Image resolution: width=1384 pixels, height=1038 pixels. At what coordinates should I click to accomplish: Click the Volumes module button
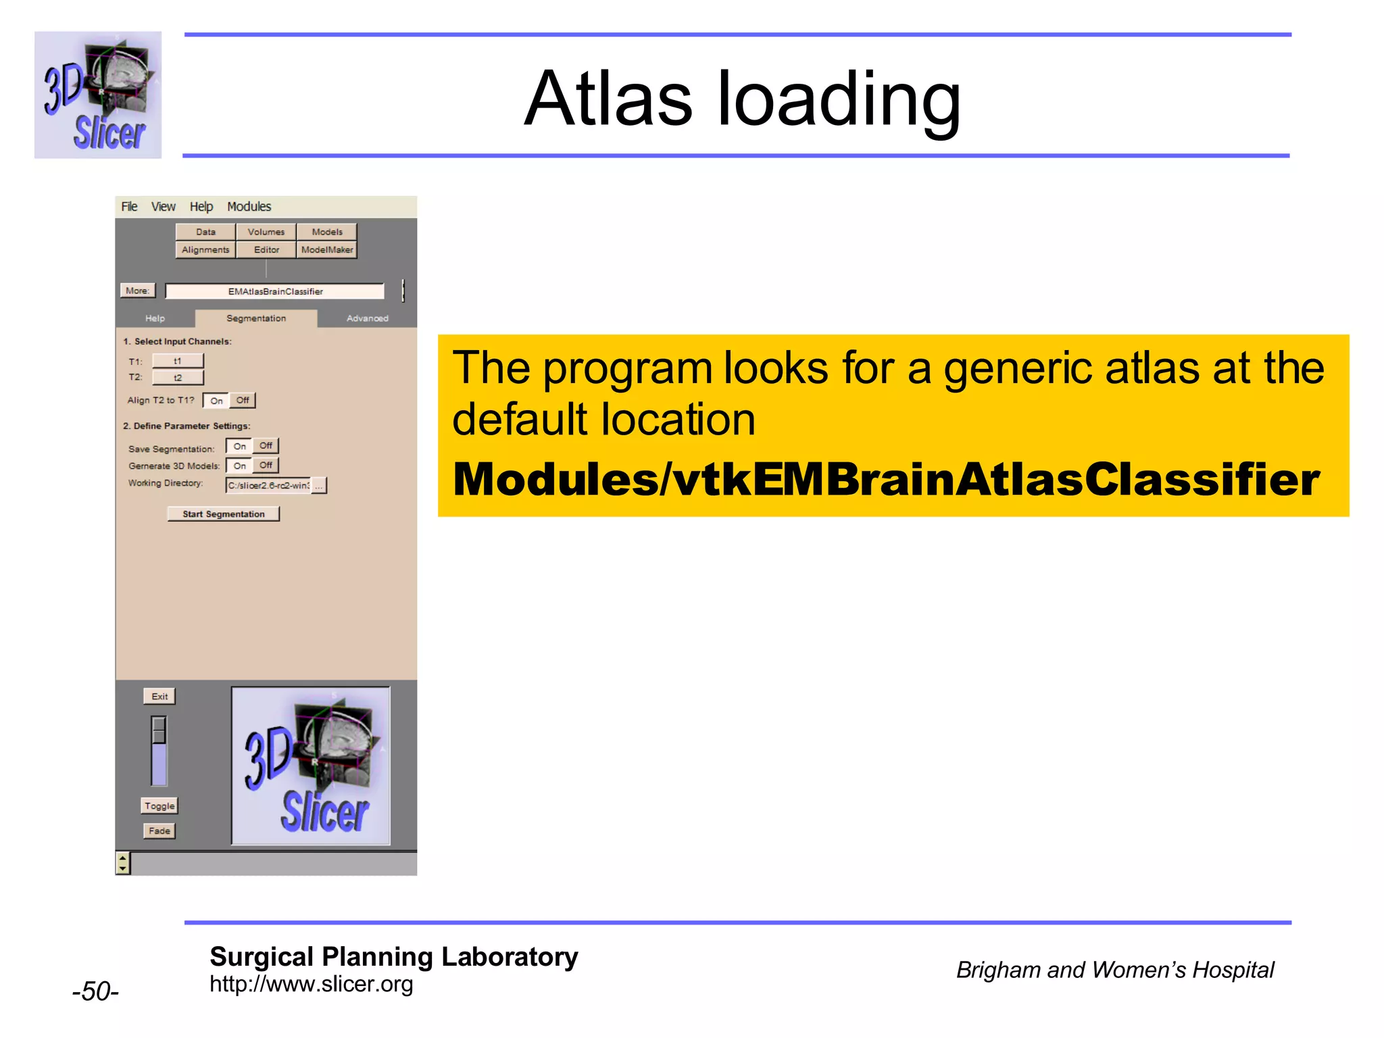click(266, 232)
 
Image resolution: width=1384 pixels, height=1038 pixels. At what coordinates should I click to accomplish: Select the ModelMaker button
click(326, 249)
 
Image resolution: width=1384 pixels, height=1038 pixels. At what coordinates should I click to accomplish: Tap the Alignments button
click(205, 249)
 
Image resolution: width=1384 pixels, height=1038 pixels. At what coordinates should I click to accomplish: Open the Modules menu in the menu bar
click(249, 207)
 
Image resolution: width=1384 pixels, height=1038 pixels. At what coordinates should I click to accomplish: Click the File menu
click(129, 207)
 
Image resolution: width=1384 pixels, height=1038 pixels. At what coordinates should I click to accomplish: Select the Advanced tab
click(367, 318)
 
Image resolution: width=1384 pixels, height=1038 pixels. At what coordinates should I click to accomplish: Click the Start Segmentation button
click(224, 514)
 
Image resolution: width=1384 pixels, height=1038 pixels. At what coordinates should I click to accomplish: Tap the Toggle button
click(159, 806)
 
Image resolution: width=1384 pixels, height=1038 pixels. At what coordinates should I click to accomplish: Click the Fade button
click(159, 831)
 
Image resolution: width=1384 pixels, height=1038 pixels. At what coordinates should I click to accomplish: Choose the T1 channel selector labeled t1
click(178, 361)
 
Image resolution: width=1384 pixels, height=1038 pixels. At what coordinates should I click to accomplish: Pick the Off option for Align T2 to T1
click(243, 400)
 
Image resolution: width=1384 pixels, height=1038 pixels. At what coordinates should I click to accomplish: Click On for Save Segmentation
click(239, 446)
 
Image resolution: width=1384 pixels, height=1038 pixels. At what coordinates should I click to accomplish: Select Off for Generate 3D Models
click(266, 465)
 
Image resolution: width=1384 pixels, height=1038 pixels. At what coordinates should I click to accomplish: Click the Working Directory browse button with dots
click(319, 485)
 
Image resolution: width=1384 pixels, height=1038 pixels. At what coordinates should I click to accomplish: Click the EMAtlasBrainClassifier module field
click(275, 291)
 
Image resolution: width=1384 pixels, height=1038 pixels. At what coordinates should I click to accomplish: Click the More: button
click(137, 291)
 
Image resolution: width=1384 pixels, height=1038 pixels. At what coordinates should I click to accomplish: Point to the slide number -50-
click(95, 991)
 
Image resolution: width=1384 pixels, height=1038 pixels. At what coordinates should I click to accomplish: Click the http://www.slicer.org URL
click(311, 984)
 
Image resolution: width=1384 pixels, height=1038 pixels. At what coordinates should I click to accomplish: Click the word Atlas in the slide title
click(608, 99)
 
